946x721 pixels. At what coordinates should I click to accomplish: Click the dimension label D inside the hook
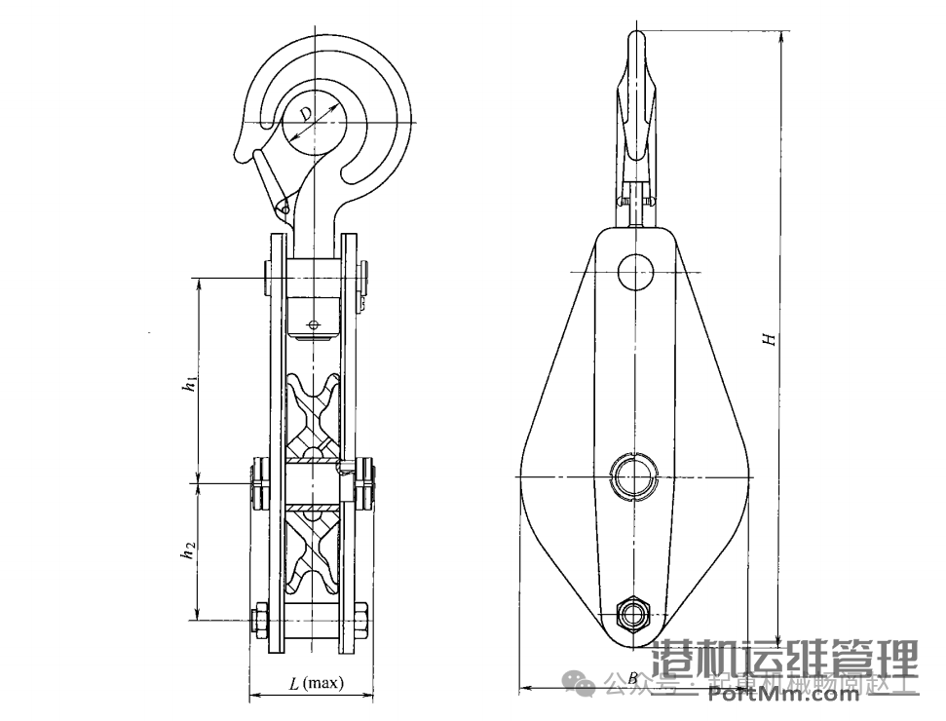click(x=306, y=114)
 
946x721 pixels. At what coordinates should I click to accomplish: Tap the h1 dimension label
click(x=192, y=384)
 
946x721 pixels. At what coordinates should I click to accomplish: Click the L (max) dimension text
click(x=317, y=683)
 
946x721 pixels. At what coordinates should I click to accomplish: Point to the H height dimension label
click(x=769, y=338)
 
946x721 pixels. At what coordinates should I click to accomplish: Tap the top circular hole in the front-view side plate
click(x=636, y=272)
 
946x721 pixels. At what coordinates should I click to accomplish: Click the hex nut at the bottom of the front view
click(x=634, y=615)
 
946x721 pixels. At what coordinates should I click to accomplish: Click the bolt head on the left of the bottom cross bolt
click(x=258, y=618)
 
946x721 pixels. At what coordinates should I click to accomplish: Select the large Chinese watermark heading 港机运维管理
click(x=785, y=660)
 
